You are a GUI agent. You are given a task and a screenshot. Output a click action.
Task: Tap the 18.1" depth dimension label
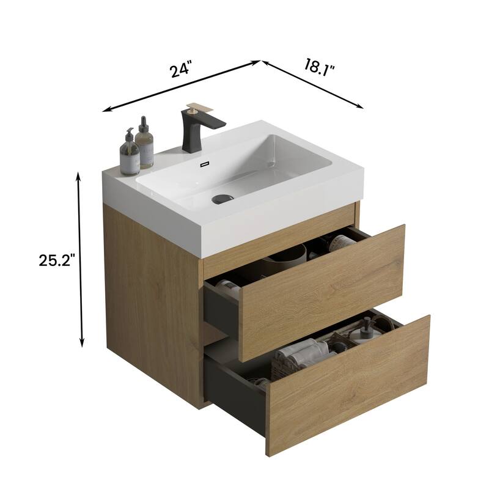[320, 65]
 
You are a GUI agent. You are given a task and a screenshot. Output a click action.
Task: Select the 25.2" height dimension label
[57, 260]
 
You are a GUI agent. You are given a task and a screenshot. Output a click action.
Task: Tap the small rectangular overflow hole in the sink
[205, 164]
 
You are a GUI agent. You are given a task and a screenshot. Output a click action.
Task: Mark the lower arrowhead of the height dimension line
[81, 344]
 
